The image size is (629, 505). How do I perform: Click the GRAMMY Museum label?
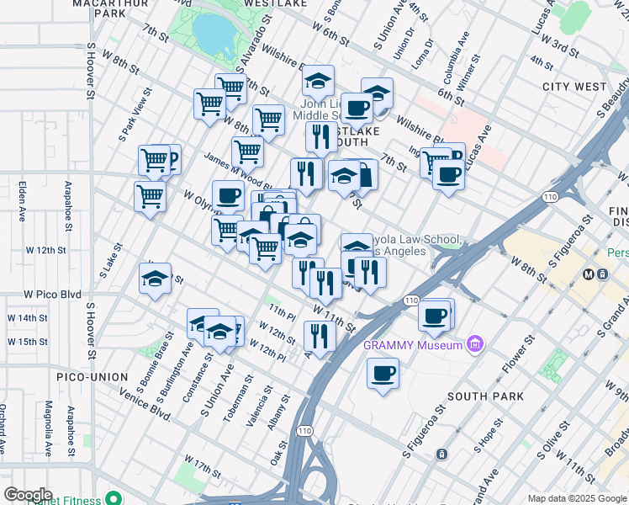coord(413,345)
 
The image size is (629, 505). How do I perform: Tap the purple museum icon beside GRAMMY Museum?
coord(477,343)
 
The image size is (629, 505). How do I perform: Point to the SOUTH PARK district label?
coord(485,396)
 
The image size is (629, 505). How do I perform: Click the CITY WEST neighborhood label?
coord(574,87)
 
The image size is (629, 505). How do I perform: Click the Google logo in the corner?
coord(28,494)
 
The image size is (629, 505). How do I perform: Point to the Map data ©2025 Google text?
coord(577,498)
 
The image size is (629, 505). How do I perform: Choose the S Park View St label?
coord(135,119)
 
